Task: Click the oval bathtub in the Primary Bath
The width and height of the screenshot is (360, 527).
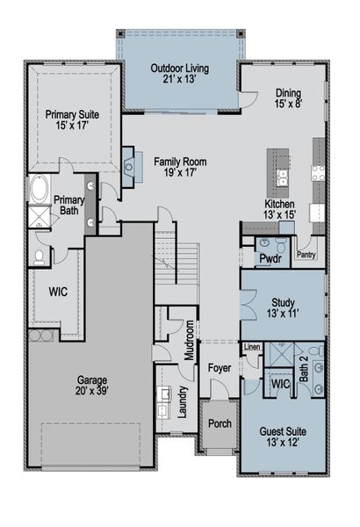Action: (39, 190)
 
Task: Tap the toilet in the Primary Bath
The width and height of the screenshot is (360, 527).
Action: (40, 256)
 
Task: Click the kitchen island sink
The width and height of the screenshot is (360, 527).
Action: (282, 181)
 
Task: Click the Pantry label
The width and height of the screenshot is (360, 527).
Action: (306, 255)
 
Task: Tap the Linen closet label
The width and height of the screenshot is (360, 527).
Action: (252, 348)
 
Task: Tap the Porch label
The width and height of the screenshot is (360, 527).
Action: (219, 423)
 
